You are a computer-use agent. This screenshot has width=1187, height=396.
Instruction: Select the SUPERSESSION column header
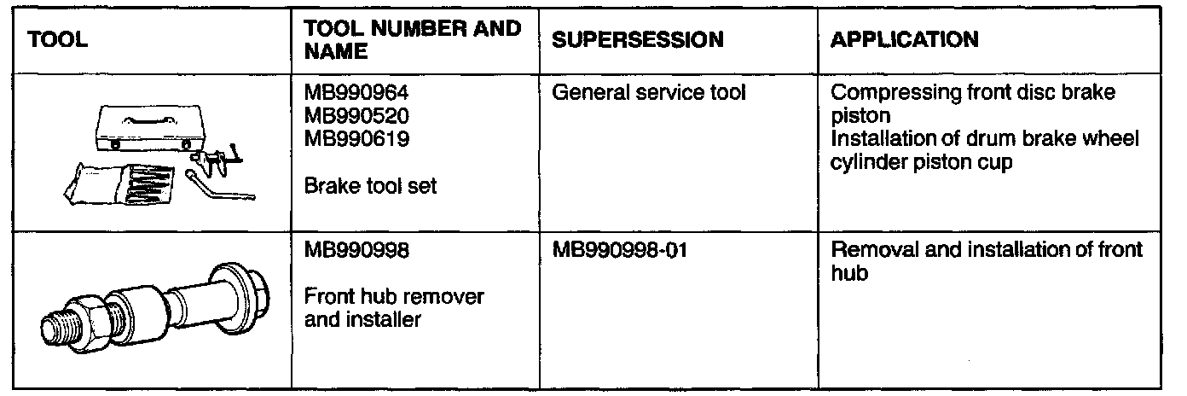[x=638, y=40]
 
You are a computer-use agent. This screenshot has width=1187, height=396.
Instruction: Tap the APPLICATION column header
[x=905, y=40]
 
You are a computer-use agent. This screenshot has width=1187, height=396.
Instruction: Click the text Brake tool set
[x=371, y=184]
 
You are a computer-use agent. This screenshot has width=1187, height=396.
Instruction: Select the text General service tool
[x=649, y=93]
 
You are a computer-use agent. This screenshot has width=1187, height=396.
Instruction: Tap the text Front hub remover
[x=394, y=297]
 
